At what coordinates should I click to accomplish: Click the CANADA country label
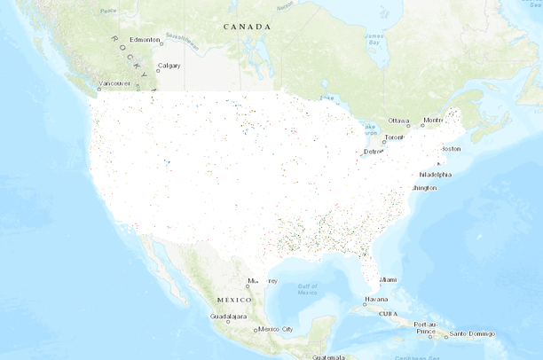click(247, 27)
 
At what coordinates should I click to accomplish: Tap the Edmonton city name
click(145, 40)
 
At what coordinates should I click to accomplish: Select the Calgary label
click(169, 66)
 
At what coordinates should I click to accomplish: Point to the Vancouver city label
click(114, 83)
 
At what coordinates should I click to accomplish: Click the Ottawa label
click(398, 121)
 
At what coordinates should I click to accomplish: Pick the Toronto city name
click(393, 138)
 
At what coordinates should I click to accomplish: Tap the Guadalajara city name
click(228, 316)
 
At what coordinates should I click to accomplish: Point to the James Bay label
click(374, 39)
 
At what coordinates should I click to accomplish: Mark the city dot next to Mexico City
click(256, 330)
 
